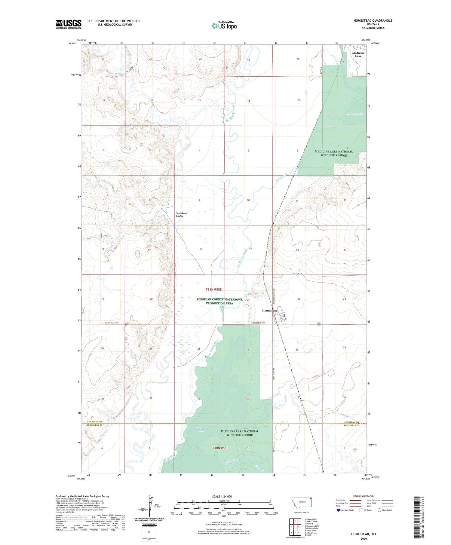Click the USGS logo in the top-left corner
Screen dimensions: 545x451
[69, 24]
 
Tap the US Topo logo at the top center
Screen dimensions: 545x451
[224, 26]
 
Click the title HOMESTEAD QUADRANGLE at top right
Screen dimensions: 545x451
[373, 20]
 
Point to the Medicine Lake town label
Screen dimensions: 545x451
[358, 54]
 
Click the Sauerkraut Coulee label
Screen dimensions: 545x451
[182, 215]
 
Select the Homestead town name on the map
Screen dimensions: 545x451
[270, 311]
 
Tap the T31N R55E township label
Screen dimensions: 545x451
[213, 289]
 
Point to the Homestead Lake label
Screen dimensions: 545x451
[201, 429]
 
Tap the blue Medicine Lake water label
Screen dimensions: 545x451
[354, 114]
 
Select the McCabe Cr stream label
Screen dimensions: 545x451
[347, 416]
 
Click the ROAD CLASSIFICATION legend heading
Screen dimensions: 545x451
[364, 496]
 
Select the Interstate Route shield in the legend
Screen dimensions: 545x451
[338, 510]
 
